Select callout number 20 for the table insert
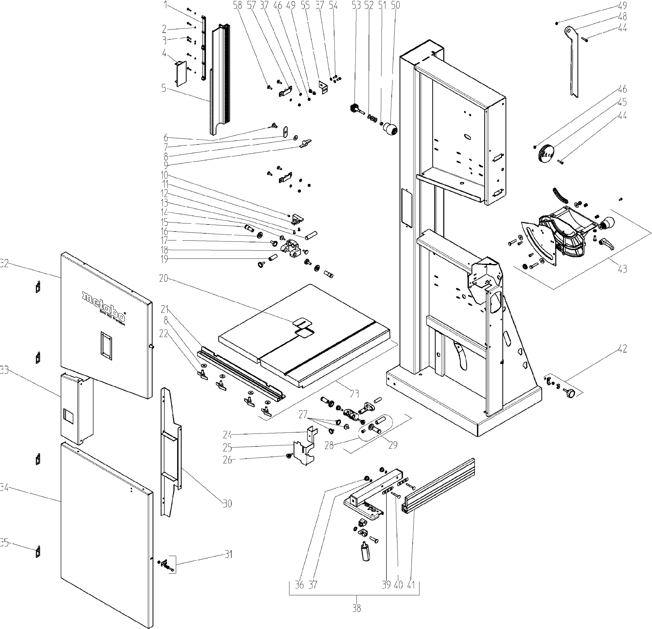coord(163,278)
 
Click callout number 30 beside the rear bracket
coord(227,504)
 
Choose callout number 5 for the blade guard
coord(164,88)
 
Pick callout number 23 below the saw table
coord(354,394)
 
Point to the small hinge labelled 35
coord(38,551)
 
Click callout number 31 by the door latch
coord(228,555)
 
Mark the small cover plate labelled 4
coord(181,74)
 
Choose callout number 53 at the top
coord(356,5)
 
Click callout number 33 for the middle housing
coord(4,370)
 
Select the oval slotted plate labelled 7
coord(285,131)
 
